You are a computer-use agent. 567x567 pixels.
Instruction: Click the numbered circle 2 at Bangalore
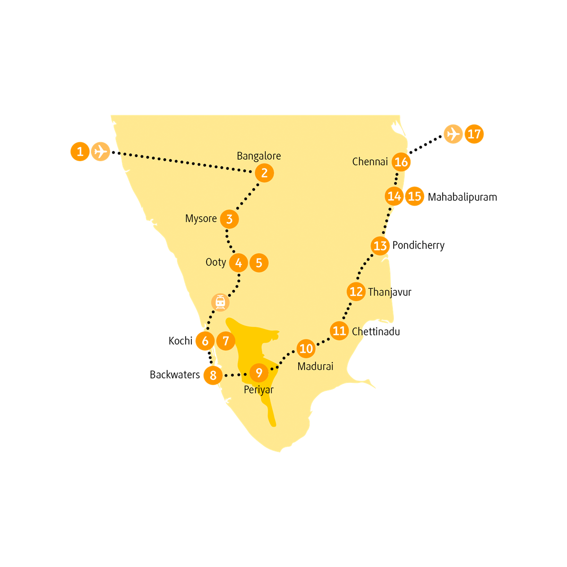click(264, 173)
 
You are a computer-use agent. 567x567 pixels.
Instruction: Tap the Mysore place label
click(201, 219)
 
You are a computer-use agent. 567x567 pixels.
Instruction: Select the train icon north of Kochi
click(220, 302)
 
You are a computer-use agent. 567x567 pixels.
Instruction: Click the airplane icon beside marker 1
click(100, 152)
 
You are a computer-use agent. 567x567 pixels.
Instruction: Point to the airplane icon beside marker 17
click(453, 134)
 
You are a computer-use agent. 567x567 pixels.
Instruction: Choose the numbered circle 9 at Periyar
click(259, 373)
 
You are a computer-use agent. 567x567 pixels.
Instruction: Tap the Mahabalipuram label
click(462, 197)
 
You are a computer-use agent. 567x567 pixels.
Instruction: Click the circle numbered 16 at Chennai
click(401, 162)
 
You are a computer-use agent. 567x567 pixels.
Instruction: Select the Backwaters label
click(175, 375)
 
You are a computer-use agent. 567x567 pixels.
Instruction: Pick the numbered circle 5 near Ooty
click(259, 263)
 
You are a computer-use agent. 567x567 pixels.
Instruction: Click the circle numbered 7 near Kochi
click(226, 341)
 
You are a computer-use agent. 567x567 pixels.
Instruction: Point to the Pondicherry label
click(419, 245)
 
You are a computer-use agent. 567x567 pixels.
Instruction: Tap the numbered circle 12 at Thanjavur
click(356, 292)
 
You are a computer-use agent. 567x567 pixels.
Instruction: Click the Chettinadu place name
click(376, 332)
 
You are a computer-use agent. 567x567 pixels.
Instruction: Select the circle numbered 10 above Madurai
click(306, 349)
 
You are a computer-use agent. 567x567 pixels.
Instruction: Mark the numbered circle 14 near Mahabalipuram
click(394, 196)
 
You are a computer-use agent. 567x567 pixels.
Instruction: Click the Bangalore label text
click(258, 156)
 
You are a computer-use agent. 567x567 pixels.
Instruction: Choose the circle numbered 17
click(474, 134)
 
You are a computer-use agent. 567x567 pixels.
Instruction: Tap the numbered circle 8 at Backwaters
click(213, 375)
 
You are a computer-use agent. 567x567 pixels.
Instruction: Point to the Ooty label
click(215, 262)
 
